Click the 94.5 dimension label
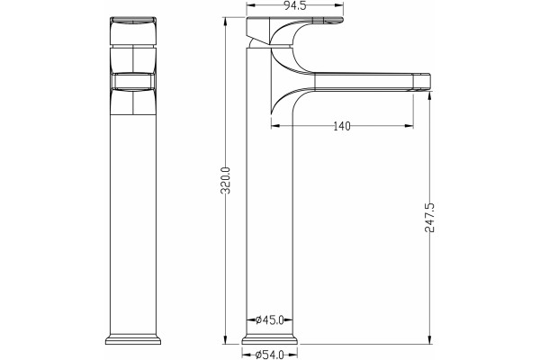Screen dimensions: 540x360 coord(295,5)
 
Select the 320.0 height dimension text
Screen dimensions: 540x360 coord(226,181)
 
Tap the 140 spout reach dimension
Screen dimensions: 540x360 coord(342,126)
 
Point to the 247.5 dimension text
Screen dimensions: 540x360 coord(429,218)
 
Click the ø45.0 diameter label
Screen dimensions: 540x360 coord(270,320)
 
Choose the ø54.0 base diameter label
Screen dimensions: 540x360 coord(270,355)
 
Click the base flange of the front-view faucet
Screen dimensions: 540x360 coord(133,339)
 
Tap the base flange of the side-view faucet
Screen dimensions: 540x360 coord(270,339)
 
